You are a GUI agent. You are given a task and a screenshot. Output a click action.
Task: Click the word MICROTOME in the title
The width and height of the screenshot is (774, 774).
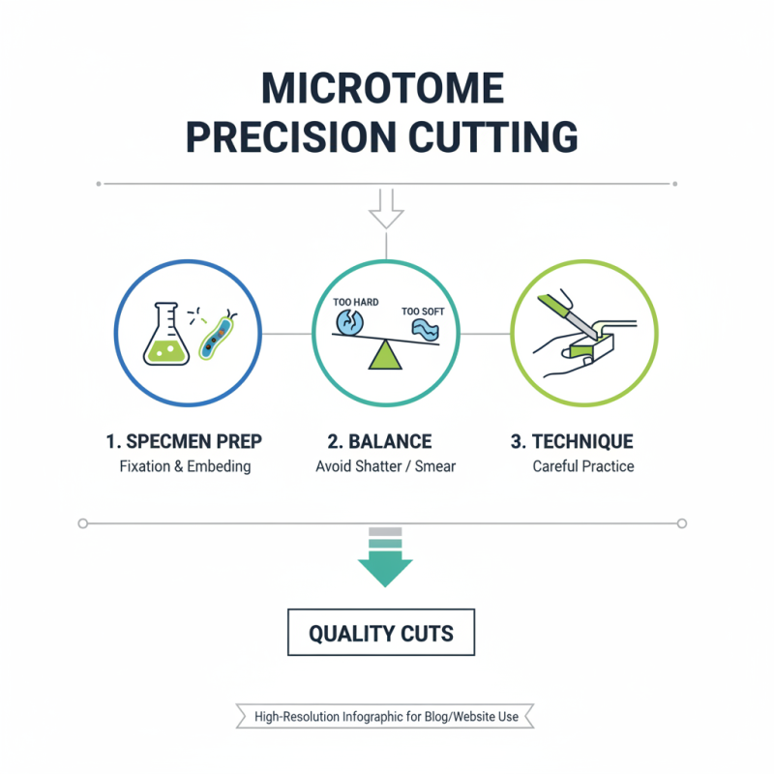click(x=384, y=89)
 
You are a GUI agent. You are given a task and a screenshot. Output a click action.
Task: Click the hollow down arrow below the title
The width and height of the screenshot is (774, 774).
click(x=387, y=209)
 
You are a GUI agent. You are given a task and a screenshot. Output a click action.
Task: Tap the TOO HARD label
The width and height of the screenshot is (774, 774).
click(x=355, y=303)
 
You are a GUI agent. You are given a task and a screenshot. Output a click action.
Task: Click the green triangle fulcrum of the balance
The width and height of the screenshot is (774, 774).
click(x=385, y=355)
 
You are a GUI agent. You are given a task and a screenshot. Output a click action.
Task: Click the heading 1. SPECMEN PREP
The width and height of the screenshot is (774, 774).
click(x=184, y=442)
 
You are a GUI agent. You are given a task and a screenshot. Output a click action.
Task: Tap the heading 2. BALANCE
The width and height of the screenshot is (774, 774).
click(x=379, y=442)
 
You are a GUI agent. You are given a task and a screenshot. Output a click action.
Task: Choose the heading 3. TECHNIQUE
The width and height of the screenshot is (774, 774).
click(x=572, y=442)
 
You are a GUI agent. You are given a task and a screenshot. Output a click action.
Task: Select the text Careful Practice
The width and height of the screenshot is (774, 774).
click(x=582, y=466)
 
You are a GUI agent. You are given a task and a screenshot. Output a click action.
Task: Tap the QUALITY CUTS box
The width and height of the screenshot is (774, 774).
click(x=381, y=635)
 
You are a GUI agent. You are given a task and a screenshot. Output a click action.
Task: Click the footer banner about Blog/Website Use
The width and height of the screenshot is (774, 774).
click(x=386, y=717)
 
